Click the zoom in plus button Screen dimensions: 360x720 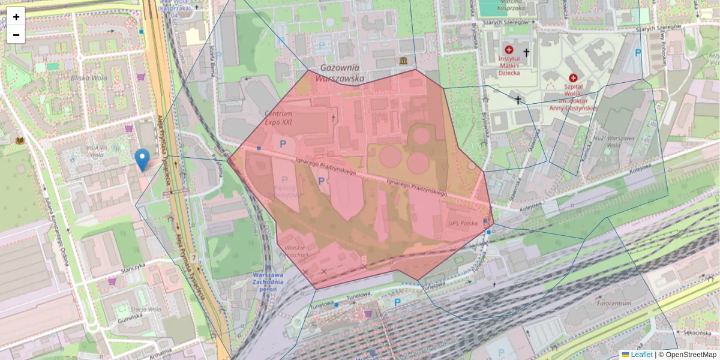pyautogui.click(x=16, y=16)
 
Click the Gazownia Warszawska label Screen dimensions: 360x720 pyautogui.click(x=342, y=73)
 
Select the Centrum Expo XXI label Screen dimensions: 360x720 pyautogui.click(x=278, y=118)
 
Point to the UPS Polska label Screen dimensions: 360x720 pyautogui.click(x=462, y=223)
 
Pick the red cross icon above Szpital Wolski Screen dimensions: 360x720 pyautogui.click(x=572, y=78)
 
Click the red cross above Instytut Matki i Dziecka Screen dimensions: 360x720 pyautogui.click(x=509, y=50)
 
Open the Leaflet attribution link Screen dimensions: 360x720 pyautogui.click(x=641, y=355)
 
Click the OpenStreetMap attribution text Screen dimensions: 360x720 pyautogui.click(x=691, y=355)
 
